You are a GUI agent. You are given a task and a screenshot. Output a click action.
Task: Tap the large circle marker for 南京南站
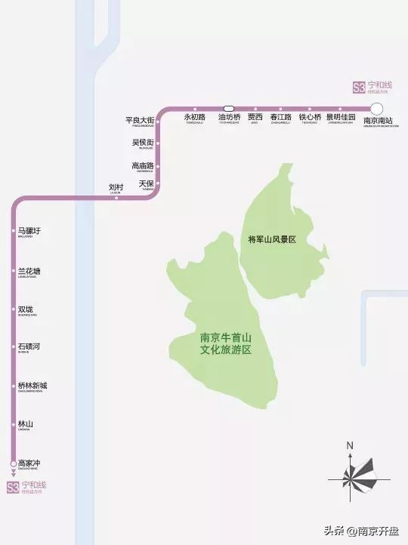[378, 108]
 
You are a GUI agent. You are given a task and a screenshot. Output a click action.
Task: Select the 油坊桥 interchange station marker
[229, 108]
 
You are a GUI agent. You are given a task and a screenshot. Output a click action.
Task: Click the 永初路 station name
[194, 118]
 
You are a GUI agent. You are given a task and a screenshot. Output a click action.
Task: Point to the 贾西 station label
[255, 118]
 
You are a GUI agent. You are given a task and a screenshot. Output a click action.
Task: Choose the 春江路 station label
[280, 118]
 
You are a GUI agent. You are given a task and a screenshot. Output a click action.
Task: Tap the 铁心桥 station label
[310, 118]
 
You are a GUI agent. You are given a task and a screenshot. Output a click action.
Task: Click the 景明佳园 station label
[341, 118]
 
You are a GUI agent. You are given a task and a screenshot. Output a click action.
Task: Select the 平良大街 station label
[140, 121]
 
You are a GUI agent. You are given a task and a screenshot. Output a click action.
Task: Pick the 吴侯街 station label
[143, 143]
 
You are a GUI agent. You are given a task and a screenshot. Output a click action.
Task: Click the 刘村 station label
[116, 187]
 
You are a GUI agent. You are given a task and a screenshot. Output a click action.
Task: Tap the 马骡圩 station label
[29, 231]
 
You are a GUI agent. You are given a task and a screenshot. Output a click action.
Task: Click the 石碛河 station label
[29, 346]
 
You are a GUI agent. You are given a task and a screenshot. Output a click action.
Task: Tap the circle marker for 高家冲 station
[13, 463]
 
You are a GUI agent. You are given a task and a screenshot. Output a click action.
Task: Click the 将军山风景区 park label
[271, 239]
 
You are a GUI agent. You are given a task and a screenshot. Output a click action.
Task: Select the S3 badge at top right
[359, 88]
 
